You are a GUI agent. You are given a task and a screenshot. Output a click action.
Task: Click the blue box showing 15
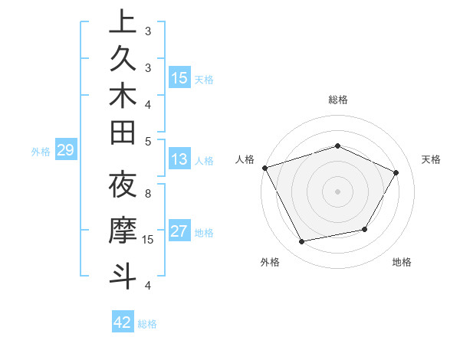179,78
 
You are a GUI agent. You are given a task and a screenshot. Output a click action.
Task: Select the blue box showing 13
179,159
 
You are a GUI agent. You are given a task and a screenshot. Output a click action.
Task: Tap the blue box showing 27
179,231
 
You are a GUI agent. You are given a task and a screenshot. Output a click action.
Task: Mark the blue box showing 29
65,151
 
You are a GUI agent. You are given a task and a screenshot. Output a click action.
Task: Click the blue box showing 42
123,322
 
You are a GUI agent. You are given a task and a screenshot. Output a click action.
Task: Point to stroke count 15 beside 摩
149,240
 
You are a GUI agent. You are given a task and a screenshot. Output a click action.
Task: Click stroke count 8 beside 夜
148,194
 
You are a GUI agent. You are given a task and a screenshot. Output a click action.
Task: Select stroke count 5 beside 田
148,140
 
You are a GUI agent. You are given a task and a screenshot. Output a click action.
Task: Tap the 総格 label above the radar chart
338,100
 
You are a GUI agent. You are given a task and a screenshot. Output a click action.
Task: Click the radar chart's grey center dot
338,191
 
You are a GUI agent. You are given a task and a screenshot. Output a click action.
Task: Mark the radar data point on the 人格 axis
264,167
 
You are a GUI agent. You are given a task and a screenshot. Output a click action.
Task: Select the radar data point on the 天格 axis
396,172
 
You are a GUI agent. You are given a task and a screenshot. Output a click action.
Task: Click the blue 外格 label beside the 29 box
41,152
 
